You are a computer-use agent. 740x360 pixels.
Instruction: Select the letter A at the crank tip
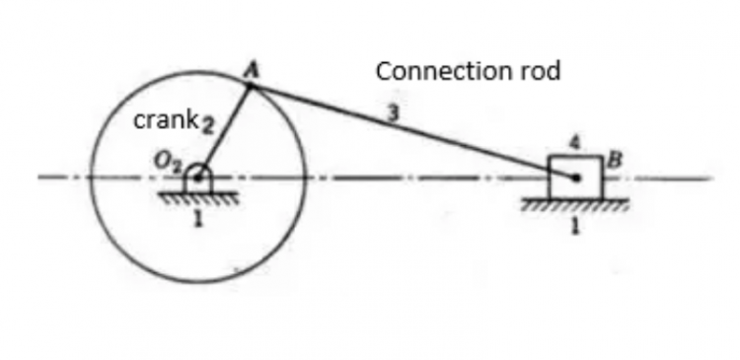[251, 69]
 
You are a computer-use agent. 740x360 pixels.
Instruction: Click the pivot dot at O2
[198, 179]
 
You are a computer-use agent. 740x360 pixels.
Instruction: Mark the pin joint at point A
[251, 87]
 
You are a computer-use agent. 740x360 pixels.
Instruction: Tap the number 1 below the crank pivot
[197, 218]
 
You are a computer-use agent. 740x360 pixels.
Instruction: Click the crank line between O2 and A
[225, 132]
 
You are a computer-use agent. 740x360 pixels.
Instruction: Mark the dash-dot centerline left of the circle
[64, 179]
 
